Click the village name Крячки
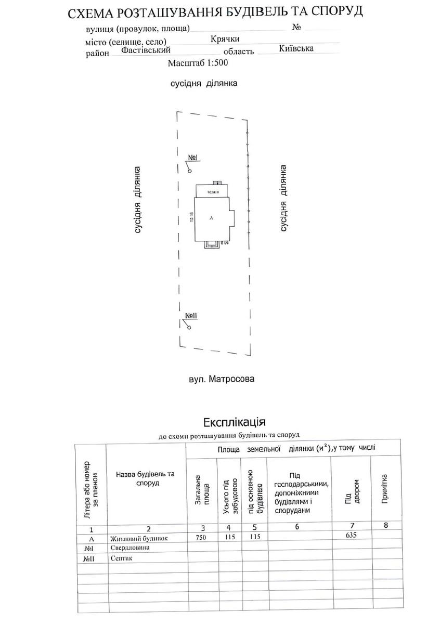pos(225,39)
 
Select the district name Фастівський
pos(146,50)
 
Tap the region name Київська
pos(296,48)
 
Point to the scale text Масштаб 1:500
pos(198,63)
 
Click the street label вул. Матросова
pos(222,379)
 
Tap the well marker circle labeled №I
pos(189,171)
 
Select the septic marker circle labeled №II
pos(189,328)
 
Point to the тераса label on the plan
pos(212,192)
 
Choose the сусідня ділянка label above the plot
pos(204,83)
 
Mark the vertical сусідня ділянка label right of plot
pos(283,198)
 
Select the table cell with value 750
pos(201,538)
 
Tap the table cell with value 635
pos(352,535)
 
